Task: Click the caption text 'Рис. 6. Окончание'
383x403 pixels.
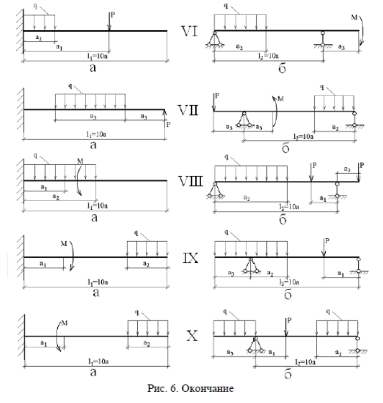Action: coord(192,390)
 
